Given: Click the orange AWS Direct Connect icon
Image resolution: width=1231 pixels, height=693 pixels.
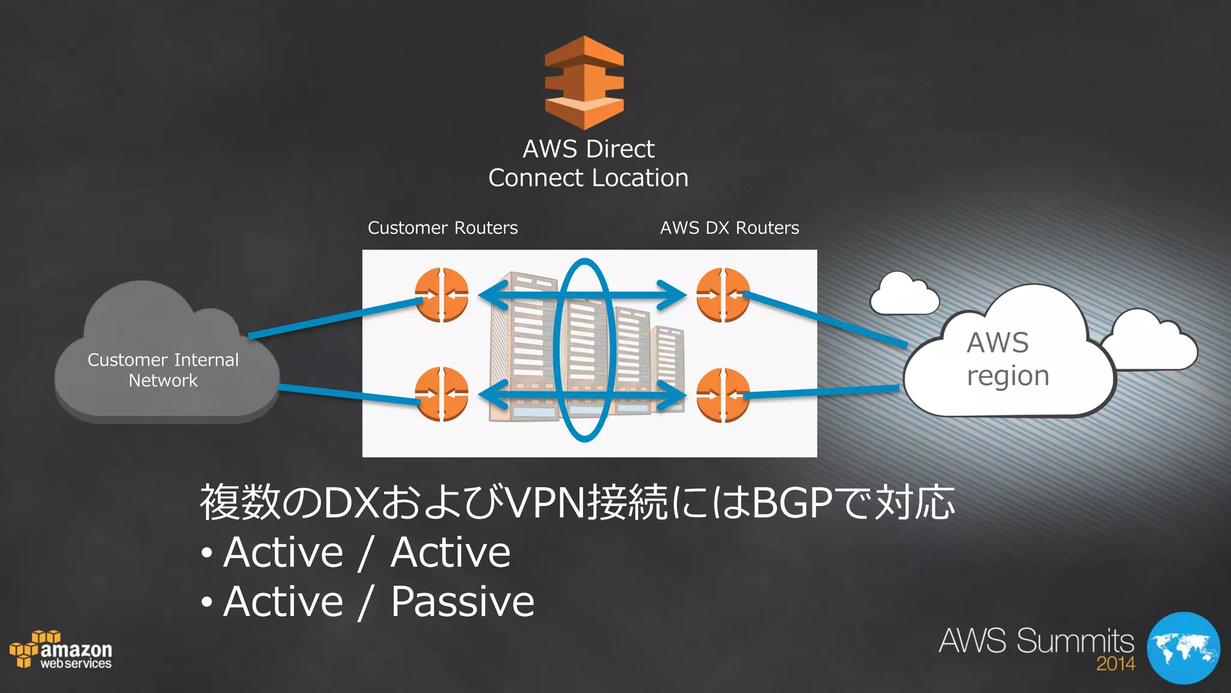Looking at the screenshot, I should pyautogui.click(x=584, y=83).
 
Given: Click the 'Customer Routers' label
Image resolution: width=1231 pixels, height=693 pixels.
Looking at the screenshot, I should pyautogui.click(x=442, y=228).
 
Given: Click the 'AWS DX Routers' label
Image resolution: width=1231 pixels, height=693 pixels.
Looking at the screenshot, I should pyautogui.click(x=729, y=228).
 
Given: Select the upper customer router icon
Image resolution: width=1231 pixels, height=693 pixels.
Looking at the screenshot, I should pyautogui.click(x=442, y=295).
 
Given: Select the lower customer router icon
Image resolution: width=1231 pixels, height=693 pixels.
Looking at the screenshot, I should pyautogui.click(x=442, y=394).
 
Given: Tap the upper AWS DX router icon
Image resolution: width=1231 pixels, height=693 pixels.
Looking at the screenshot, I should pyautogui.click(x=723, y=295).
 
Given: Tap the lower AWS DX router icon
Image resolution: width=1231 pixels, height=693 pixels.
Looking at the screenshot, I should pyautogui.click(x=723, y=395).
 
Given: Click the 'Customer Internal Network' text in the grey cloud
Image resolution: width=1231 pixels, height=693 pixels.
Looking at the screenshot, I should pyautogui.click(x=163, y=370).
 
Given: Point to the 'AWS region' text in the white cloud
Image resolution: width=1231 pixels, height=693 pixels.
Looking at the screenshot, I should pyautogui.click(x=1007, y=359).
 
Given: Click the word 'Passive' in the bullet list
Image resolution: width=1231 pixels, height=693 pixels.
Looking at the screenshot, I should pyautogui.click(x=462, y=602).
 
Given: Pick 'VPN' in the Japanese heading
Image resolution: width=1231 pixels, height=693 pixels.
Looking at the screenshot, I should pyautogui.click(x=546, y=503).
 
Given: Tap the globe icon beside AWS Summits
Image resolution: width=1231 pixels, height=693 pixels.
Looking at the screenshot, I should pyautogui.click(x=1183, y=648).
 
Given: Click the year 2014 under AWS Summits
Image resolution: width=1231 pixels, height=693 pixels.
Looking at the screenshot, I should pyautogui.click(x=1115, y=664).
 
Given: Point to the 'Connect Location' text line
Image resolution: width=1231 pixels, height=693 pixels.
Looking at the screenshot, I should pyautogui.click(x=588, y=178).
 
